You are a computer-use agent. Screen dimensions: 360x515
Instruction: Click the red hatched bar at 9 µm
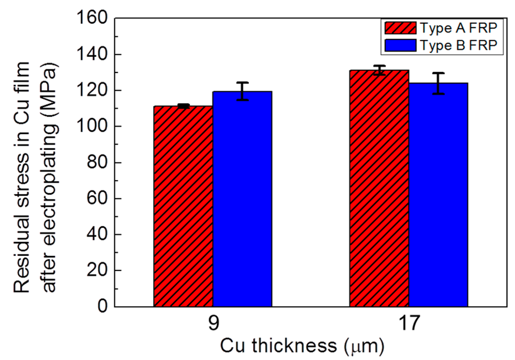pos(183,206)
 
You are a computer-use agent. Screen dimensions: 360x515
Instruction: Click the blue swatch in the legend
pos(400,45)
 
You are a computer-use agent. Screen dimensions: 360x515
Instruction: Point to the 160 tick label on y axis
pos(94,19)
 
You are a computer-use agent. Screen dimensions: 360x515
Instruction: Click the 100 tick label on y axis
pos(94,127)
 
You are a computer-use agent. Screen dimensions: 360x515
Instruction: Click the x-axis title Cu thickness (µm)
pos(302,346)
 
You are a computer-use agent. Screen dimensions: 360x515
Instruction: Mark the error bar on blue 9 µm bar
pos(242,91)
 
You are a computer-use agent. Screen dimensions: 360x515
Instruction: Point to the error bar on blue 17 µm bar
pos(438,83)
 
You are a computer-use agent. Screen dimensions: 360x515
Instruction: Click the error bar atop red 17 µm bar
pos(379,70)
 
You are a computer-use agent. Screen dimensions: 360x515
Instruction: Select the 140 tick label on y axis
pos(94,55)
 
